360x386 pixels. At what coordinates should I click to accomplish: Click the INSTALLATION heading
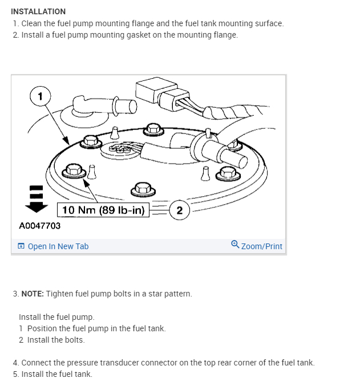click(x=38, y=11)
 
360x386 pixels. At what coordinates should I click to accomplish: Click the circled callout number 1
click(x=39, y=96)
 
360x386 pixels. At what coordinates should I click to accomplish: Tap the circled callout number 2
click(x=180, y=210)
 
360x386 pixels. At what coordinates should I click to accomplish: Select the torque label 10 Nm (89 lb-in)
click(x=103, y=210)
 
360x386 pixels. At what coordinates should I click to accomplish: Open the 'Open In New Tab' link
click(x=58, y=246)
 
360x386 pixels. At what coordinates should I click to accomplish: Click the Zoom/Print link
click(x=261, y=246)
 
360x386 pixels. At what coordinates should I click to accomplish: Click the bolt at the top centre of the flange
click(x=152, y=130)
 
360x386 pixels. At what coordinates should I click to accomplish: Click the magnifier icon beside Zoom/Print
click(x=235, y=245)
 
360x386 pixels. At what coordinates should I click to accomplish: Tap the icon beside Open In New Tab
click(x=21, y=246)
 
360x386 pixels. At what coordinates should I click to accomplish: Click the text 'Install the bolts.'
click(x=55, y=340)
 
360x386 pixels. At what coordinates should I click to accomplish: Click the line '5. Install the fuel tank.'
click(x=52, y=374)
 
